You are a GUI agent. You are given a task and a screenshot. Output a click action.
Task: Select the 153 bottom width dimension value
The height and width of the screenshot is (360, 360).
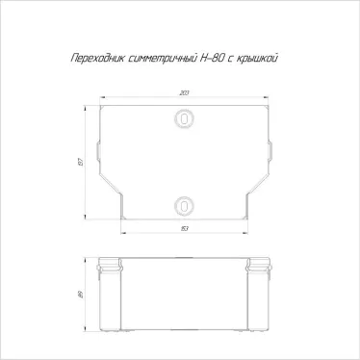183,229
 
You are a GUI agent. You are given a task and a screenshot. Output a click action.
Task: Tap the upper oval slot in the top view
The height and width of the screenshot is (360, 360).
183,118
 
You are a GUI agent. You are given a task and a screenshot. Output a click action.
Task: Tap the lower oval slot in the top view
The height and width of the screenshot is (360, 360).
183,204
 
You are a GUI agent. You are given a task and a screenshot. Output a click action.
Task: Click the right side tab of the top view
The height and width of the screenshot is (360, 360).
270,153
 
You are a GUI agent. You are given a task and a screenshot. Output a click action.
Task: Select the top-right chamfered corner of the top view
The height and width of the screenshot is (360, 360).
267,107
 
